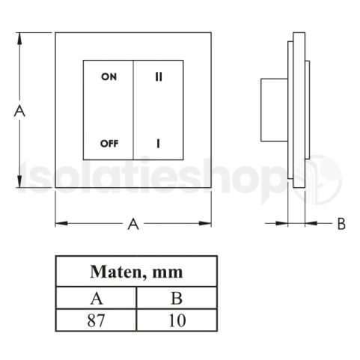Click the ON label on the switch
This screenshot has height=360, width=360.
pos(109,76)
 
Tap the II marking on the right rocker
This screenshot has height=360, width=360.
pos(159,76)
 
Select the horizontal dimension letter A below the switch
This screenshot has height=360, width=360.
pos(133,223)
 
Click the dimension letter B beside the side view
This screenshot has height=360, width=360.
pos(341,223)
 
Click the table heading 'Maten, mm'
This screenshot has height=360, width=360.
pos(136,270)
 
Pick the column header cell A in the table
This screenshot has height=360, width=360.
pos(97,297)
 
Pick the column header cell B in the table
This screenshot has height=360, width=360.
pos(177,297)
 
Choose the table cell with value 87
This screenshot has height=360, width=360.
pos(97,322)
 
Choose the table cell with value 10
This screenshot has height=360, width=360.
pos(177,322)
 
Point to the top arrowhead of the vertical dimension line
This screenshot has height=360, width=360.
pos(21,36)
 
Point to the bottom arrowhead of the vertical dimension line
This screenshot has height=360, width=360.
pos(21,186)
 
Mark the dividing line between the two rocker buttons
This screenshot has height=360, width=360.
pos(133,110)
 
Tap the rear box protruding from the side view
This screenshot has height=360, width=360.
pos(272,110)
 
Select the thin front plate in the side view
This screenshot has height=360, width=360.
pos(308,110)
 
